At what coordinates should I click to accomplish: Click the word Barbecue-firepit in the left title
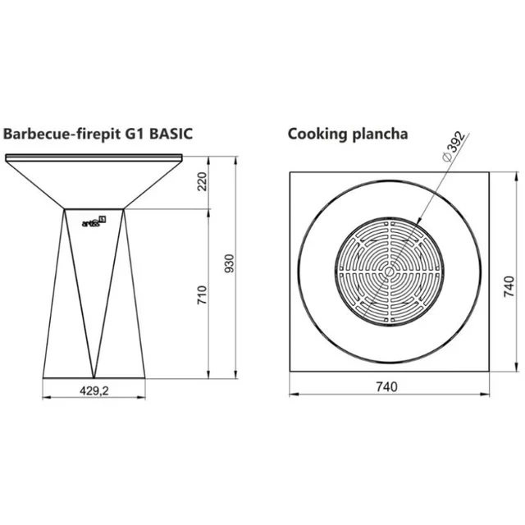57,134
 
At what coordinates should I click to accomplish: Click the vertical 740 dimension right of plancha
509,286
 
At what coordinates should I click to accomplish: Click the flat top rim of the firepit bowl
94,157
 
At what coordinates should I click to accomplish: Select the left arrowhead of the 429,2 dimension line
45,399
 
